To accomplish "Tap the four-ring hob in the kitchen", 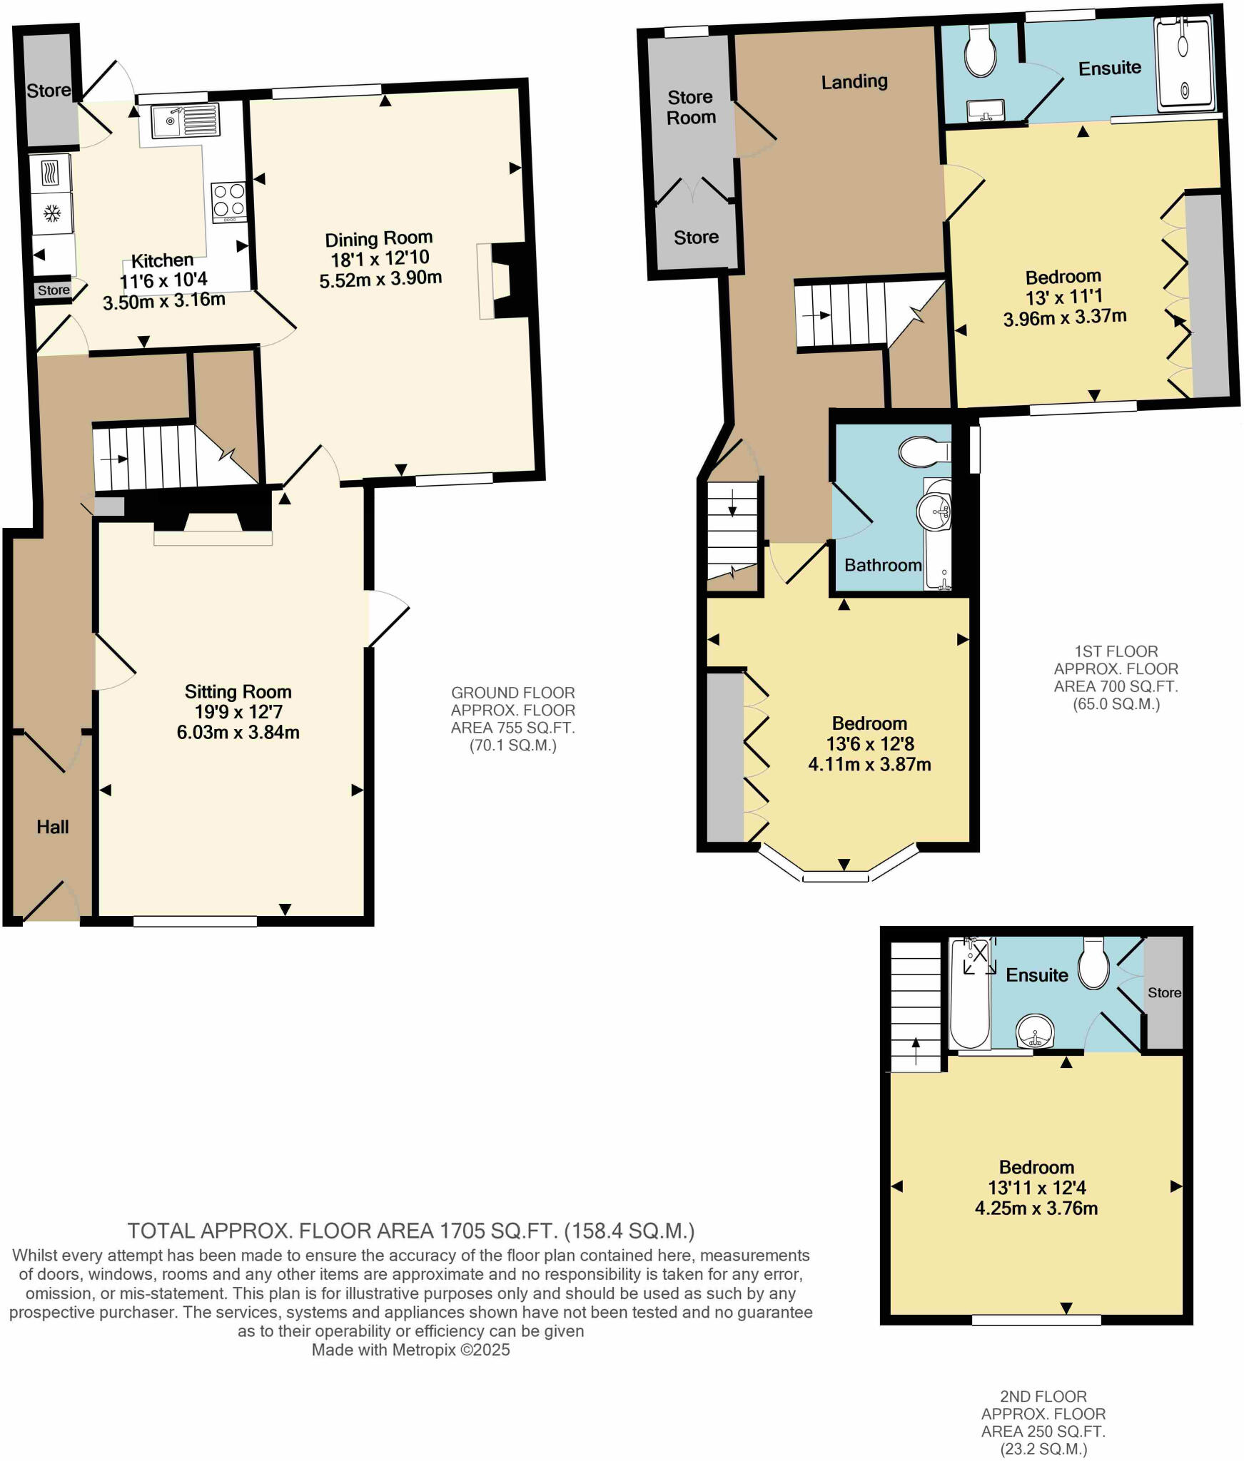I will [x=229, y=200].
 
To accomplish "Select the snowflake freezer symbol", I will [x=51, y=213].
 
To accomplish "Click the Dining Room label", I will [x=379, y=238].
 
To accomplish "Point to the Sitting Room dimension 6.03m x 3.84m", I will [x=238, y=732].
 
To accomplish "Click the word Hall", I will [x=53, y=827].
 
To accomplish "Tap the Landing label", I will [x=854, y=82].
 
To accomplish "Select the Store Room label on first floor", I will [x=690, y=107].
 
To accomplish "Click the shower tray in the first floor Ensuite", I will [x=1184, y=65].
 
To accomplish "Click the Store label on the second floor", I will [x=1164, y=993].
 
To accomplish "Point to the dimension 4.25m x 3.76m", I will [x=1036, y=1208].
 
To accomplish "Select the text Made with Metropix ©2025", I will [x=410, y=1350].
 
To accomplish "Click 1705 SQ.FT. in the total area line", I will [x=500, y=1231].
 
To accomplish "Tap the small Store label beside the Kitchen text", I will [x=54, y=290].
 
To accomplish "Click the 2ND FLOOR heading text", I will [x=1043, y=1395].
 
